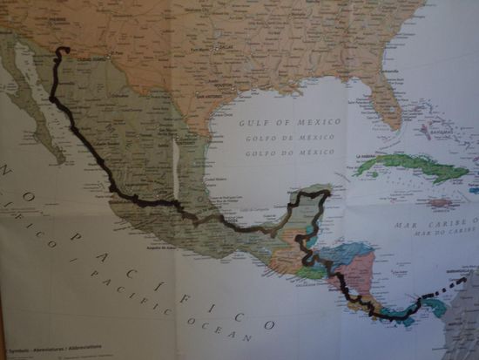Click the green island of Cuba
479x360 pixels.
[410, 166]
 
